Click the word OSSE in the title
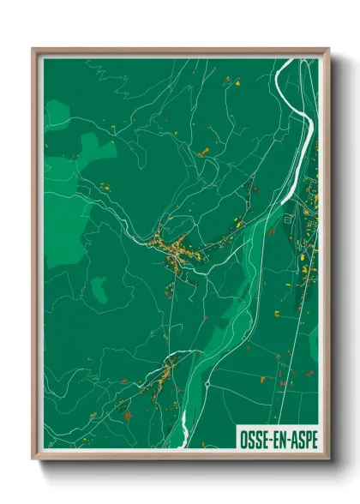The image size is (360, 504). pos(250,439)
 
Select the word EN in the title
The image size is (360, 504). pos(276,439)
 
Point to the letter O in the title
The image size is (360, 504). pos(238,439)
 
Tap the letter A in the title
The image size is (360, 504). pos(291,439)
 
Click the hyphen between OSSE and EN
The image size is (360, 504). pos(267,439)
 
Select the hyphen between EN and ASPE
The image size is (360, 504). pos(285,439)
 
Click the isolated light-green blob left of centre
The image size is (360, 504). pos(99,290)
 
